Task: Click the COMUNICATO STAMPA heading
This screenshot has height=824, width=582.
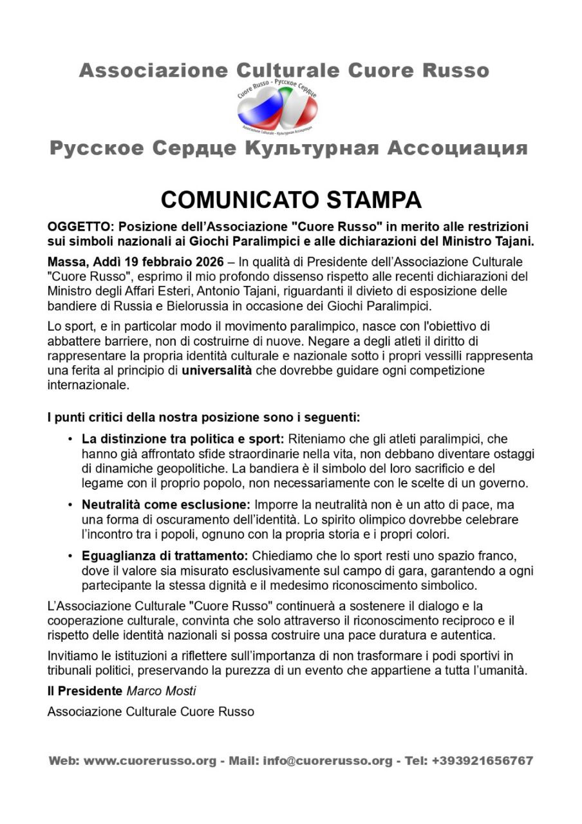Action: (291, 200)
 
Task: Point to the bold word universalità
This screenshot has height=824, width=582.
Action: (216, 371)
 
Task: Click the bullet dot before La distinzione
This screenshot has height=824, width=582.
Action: (70, 440)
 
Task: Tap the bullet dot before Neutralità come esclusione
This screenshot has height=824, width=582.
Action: (70, 505)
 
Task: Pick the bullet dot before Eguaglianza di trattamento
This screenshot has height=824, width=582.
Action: (70, 556)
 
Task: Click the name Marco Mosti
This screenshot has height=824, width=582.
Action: (161, 691)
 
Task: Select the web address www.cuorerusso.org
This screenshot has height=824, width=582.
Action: (149, 761)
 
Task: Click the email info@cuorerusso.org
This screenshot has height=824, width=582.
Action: (327, 761)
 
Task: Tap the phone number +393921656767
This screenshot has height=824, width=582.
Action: (482, 761)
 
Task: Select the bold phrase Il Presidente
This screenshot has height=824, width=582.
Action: (85, 691)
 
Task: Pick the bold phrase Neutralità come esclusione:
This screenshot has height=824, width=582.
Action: (166, 505)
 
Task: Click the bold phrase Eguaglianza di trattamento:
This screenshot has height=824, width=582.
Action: (165, 556)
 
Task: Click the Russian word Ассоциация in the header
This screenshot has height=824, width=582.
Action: (457, 149)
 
